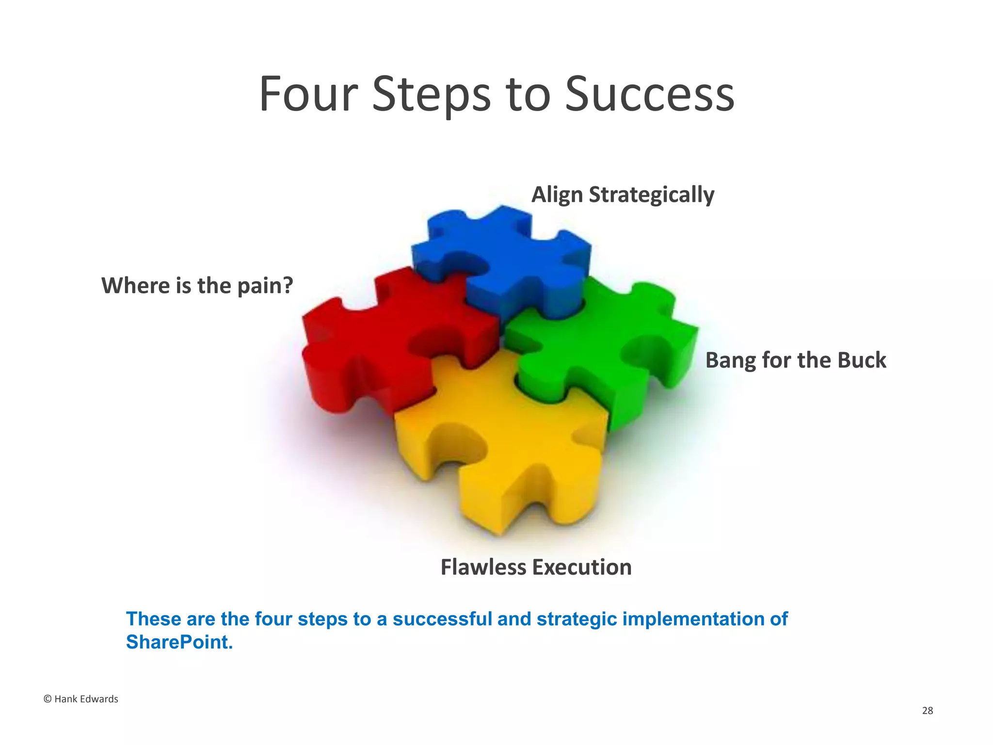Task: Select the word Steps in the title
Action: pyautogui.click(x=432, y=96)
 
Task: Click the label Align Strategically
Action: pyautogui.click(x=623, y=195)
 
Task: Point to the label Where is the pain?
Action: pyautogui.click(x=197, y=285)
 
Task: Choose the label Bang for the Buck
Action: pyautogui.click(x=795, y=360)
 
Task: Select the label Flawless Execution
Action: pyautogui.click(x=536, y=567)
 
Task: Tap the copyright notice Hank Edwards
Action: pyautogui.click(x=81, y=699)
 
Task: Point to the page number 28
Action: pyautogui.click(x=927, y=711)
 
